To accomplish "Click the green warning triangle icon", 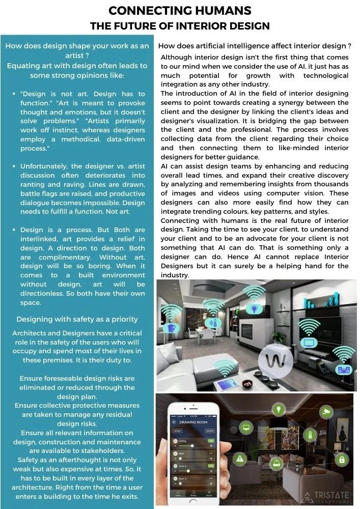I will (x=239, y=459).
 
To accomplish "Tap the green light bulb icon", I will (x=278, y=409).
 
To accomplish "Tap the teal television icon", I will (x=309, y=342).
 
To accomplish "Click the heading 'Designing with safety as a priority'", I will (x=77, y=319).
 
